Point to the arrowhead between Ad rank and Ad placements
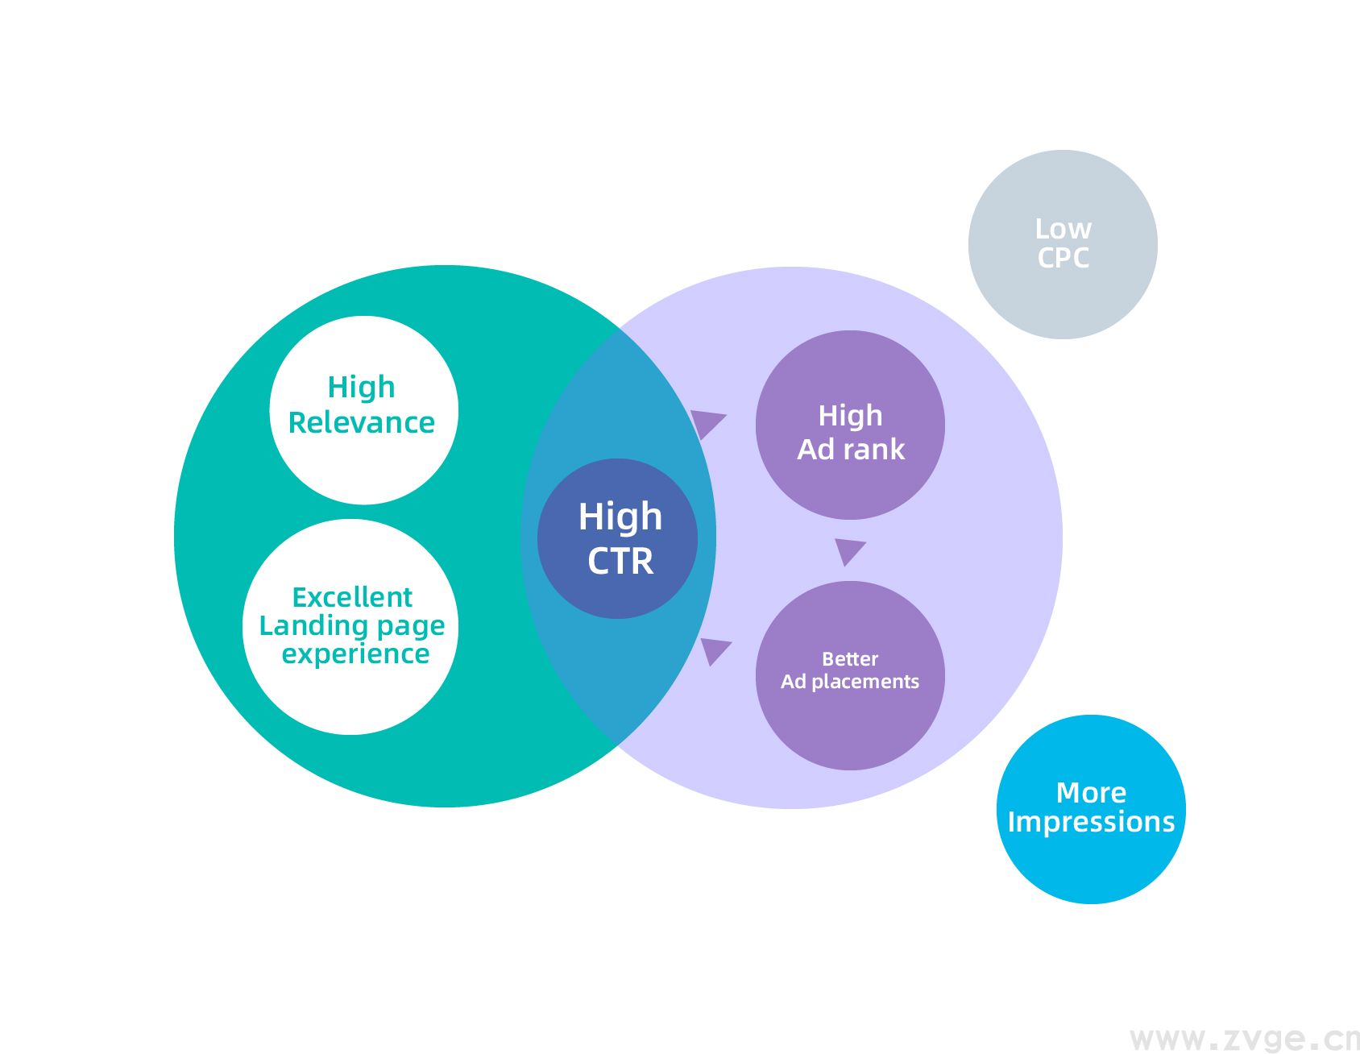pyautogui.click(x=848, y=550)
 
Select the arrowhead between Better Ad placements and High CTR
pyautogui.click(x=714, y=649)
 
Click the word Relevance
pyautogui.click(x=362, y=423)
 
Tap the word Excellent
pyautogui.click(x=352, y=597)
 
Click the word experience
pyautogui.click(x=355, y=654)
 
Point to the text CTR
pyautogui.click(x=620, y=561)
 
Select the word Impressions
pyautogui.click(x=1091, y=822)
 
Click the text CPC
pyautogui.click(x=1064, y=258)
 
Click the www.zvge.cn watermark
pyautogui.click(x=1244, y=1039)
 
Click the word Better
pyautogui.click(x=850, y=659)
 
